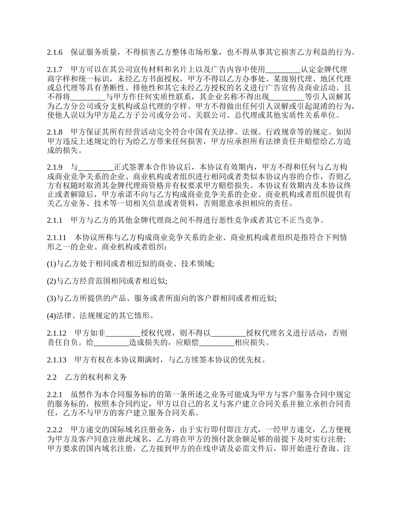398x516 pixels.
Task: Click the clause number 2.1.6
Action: [x=55, y=52]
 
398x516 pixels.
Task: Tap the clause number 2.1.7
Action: [x=55, y=69]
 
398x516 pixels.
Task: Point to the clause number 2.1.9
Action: [x=55, y=166]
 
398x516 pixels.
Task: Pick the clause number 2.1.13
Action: [x=57, y=360]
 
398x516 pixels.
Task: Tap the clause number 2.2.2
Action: [x=55, y=430]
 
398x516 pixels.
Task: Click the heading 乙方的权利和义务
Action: [x=96, y=377]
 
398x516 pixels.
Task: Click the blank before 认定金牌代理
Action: [x=284, y=69]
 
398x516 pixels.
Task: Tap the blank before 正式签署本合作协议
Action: [x=96, y=166]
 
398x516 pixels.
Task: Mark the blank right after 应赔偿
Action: [x=217, y=342]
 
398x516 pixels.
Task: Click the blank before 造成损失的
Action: [x=111, y=342]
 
